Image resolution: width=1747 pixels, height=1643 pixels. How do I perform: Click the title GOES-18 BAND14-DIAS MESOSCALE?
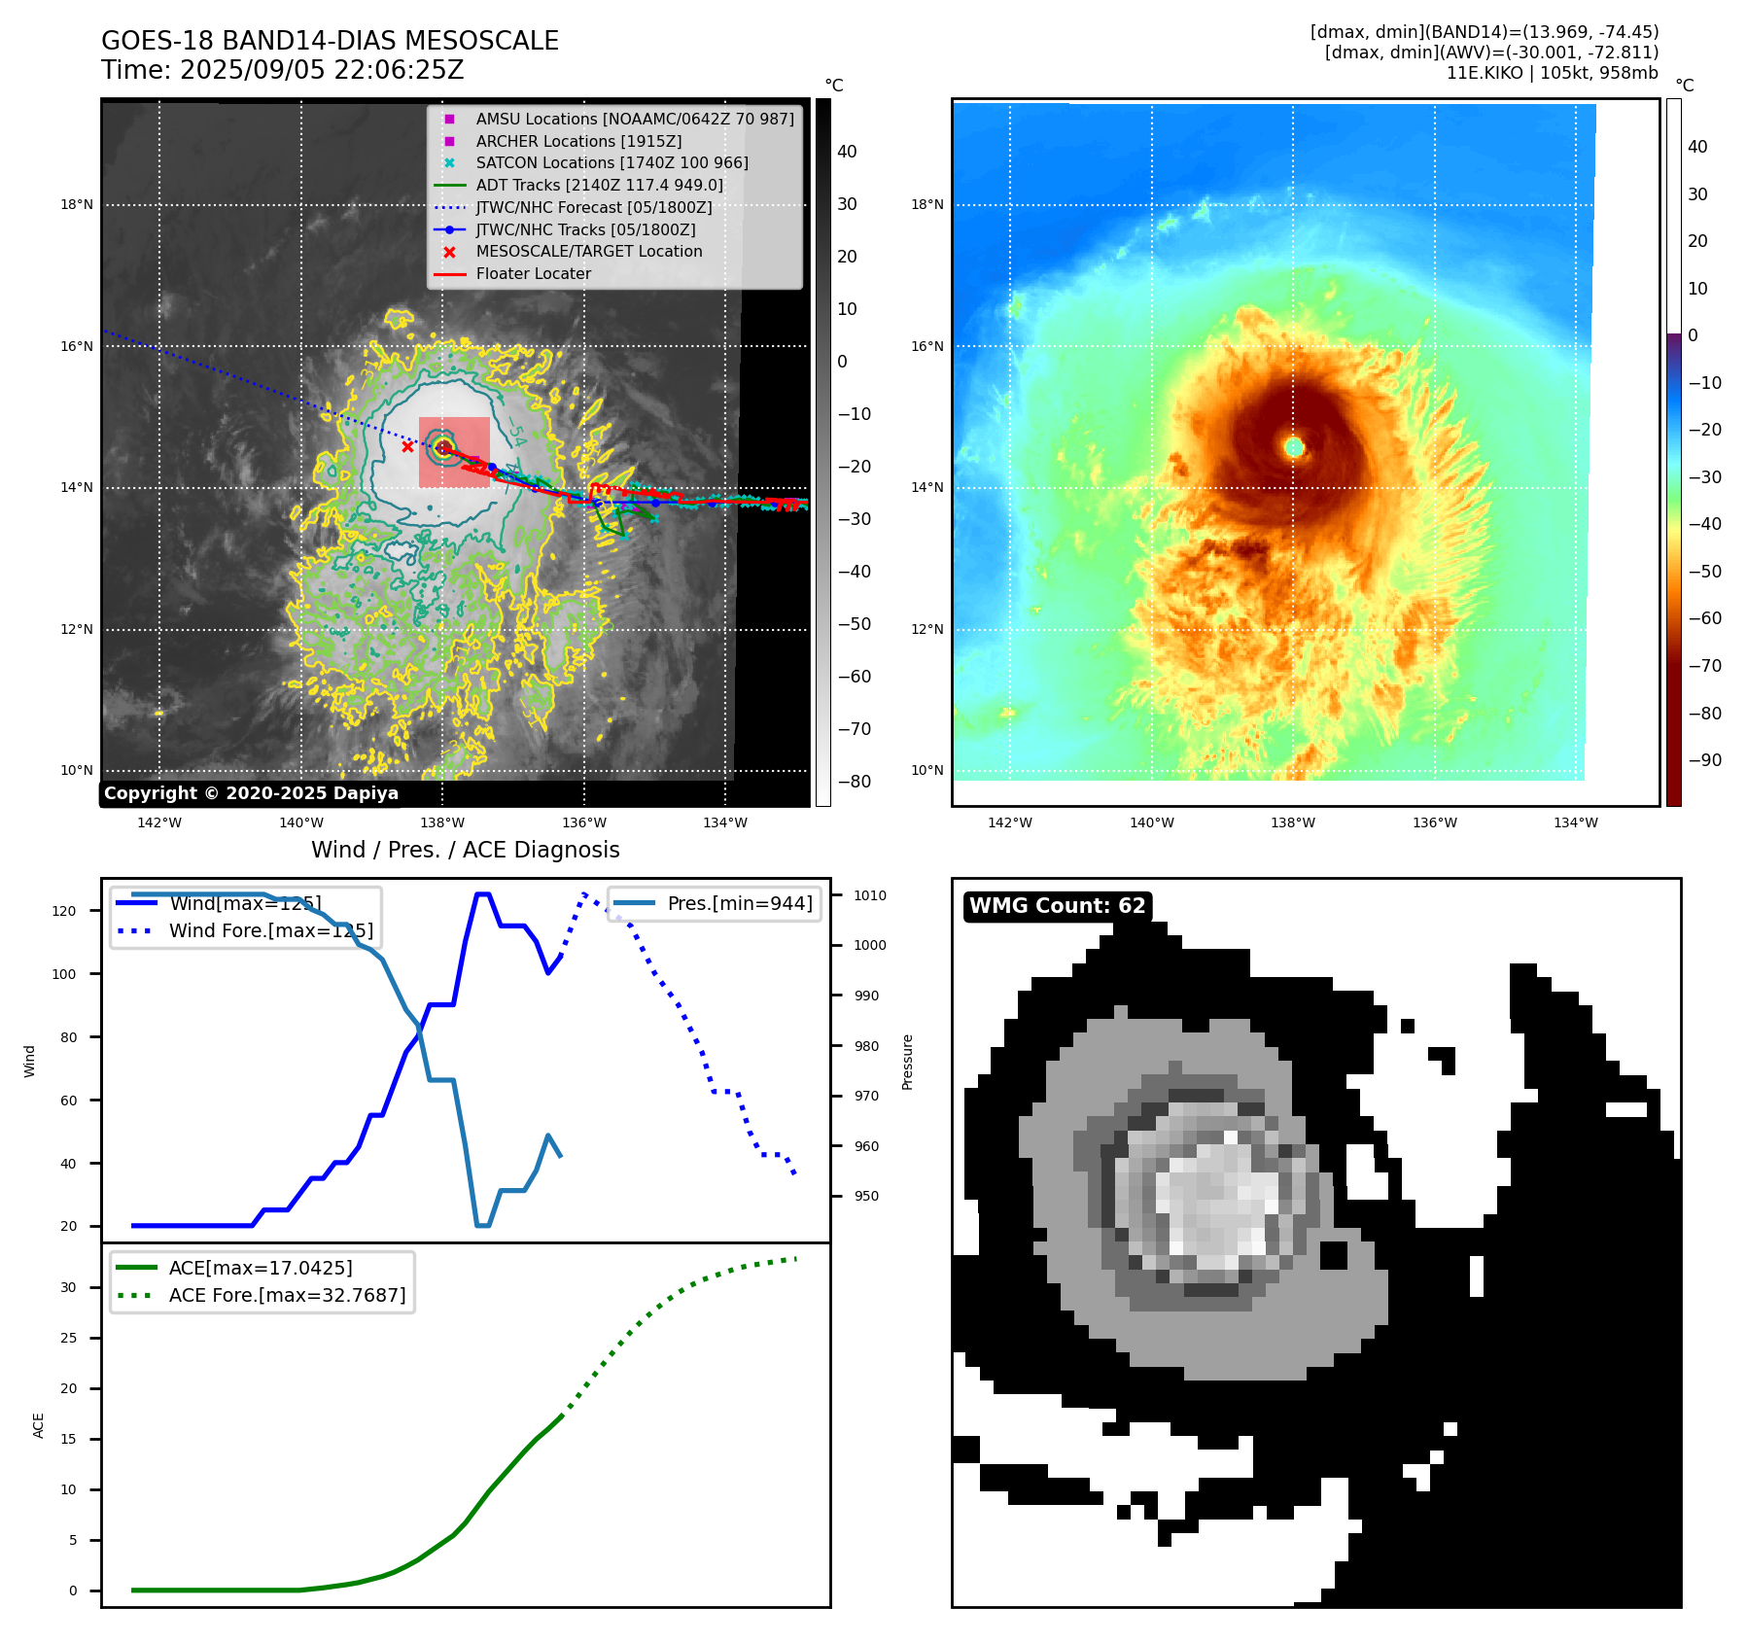(330, 41)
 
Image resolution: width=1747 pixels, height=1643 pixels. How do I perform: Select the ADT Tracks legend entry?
(599, 185)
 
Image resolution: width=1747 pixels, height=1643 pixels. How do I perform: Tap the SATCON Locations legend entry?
(611, 162)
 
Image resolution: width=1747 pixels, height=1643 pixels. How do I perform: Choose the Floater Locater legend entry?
(533, 273)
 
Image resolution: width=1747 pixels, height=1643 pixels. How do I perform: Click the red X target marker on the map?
(407, 447)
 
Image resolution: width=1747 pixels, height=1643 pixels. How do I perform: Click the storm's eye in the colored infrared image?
(1294, 447)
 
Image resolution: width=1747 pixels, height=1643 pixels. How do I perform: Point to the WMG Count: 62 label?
(1057, 906)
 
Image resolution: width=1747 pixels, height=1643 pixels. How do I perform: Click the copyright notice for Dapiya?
(251, 793)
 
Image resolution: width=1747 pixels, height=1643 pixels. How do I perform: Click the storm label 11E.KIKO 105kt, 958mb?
(1552, 73)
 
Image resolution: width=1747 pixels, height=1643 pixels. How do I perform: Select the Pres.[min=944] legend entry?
(740, 903)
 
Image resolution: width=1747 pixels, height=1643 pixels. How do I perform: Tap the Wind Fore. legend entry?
(270, 930)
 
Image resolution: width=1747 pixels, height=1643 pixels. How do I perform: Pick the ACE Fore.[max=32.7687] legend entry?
(287, 1295)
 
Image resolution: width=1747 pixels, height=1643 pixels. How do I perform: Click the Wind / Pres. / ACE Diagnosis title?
(465, 850)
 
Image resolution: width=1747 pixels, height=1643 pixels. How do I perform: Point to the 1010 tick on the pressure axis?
(870, 895)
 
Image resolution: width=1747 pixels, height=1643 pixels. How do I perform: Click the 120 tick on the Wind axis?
(63, 911)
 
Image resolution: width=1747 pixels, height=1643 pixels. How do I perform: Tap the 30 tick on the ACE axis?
(68, 1287)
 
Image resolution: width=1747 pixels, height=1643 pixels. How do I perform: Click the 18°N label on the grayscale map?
(77, 205)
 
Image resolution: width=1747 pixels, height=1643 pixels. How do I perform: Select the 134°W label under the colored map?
(1575, 822)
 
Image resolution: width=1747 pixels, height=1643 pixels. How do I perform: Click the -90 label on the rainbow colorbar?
(1704, 760)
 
